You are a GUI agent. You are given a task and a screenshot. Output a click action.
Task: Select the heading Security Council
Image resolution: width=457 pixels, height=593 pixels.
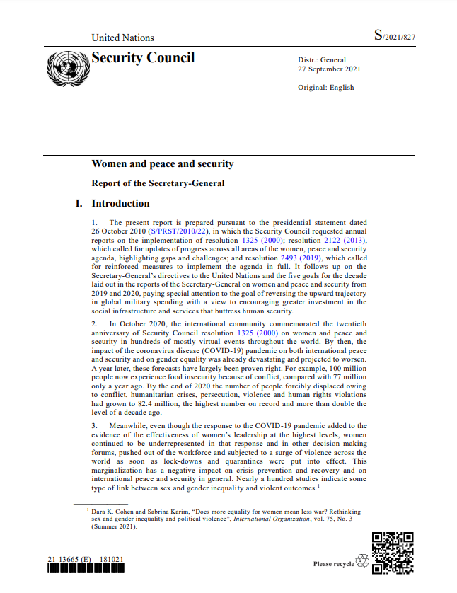coord(143,58)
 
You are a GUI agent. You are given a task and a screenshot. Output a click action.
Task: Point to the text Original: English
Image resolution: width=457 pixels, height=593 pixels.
coord(326,88)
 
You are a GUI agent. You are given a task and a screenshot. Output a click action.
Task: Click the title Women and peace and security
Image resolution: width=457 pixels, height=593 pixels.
coord(162,164)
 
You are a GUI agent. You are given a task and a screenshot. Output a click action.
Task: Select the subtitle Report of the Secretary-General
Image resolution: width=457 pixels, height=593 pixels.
coord(158,184)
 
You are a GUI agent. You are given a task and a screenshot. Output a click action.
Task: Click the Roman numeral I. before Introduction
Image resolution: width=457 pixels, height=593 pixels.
coord(79,204)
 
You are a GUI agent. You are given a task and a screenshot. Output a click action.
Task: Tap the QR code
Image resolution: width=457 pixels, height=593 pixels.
coord(393,553)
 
